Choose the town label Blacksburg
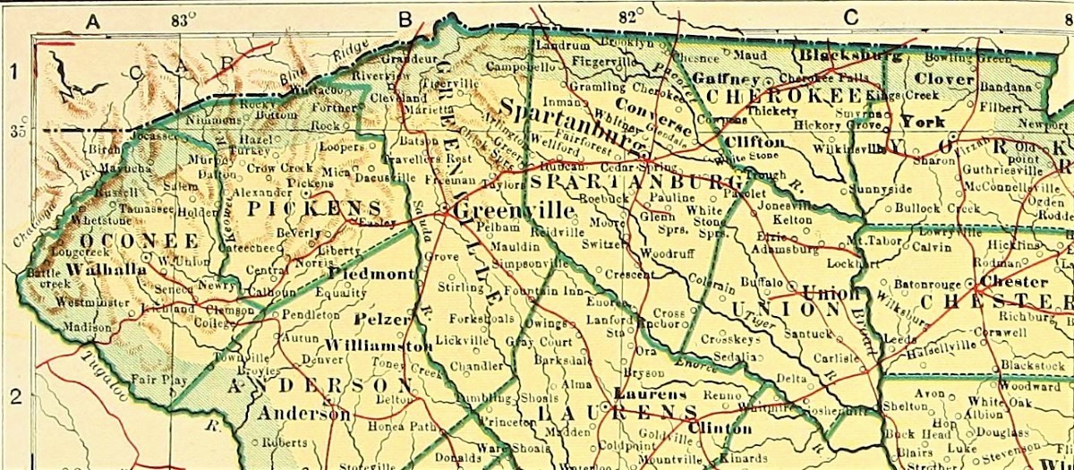click(x=849, y=55)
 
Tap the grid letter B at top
click(x=405, y=17)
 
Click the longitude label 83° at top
click(x=183, y=18)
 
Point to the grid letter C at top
click(x=850, y=16)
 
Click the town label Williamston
click(x=379, y=345)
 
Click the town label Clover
click(x=944, y=79)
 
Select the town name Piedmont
click(x=372, y=273)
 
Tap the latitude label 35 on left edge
click(x=17, y=132)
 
